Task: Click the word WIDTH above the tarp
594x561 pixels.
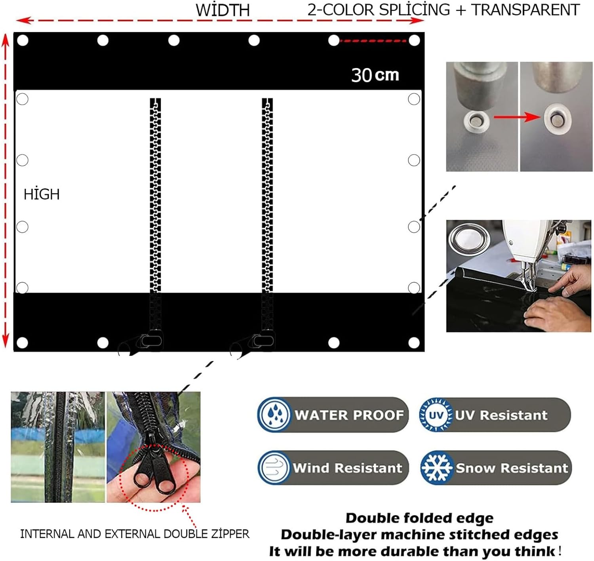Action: coord(223,10)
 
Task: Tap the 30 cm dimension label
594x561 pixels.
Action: coord(375,75)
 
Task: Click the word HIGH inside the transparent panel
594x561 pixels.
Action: coord(42,194)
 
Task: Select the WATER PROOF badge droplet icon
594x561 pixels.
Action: coord(274,415)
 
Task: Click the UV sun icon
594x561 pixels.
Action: coord(436,415)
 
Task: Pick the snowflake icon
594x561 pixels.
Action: coord(436,468)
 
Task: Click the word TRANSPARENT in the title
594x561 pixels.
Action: coord(525,10)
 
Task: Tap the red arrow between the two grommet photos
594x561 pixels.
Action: coord(517,117)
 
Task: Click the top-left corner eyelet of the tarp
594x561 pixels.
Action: coord(23,40)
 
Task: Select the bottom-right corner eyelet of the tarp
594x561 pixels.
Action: coord(414,343)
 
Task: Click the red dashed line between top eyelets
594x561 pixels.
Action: coord(374,41)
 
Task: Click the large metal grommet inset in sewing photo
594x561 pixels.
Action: coord(469,239)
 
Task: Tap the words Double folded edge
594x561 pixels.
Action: coord(419,518)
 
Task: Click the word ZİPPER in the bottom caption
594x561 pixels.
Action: coord(230,534)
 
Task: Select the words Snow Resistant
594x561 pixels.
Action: coord(512,468)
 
